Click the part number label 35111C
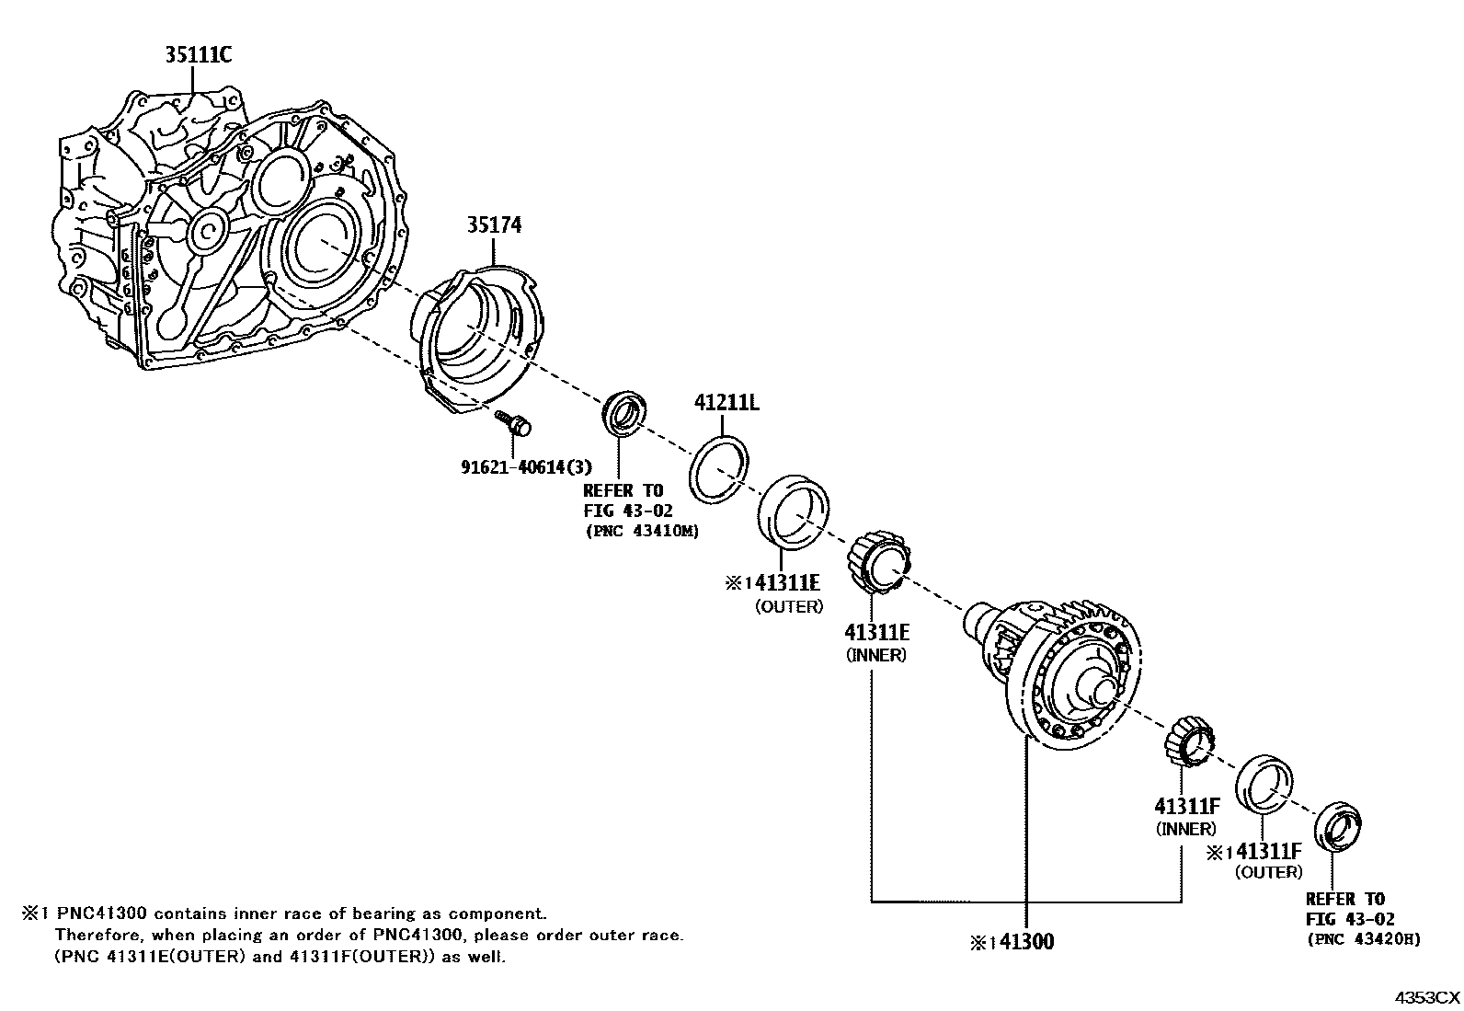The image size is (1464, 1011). (x=197, y=56)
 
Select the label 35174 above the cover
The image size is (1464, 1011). (x=493, y=225)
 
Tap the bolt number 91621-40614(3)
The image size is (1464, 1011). (x=526, y=466)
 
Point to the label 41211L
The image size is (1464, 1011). (x=726, y=403)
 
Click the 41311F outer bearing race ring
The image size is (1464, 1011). (x=1265, y=784)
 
